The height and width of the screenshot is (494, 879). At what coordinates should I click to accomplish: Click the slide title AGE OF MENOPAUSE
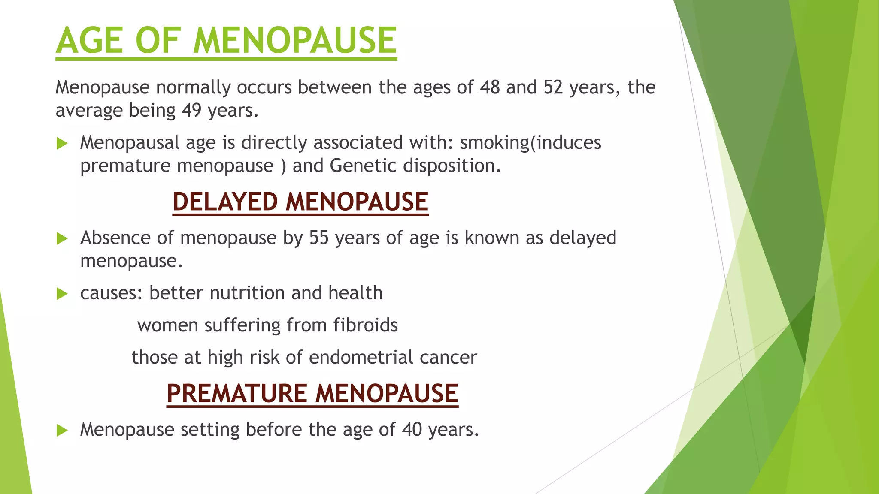[226, 41]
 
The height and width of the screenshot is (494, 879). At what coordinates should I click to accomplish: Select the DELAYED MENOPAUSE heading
[300, 202]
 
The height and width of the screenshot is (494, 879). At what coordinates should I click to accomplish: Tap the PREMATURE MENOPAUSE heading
[312, 393]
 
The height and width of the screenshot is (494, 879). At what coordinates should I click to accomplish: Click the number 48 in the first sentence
[490, 87]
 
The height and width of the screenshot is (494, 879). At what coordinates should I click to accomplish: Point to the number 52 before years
[553, 87]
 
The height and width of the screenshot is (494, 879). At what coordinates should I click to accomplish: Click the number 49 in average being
[191, 111]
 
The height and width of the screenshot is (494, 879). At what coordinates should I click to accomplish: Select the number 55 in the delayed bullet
[319, 238]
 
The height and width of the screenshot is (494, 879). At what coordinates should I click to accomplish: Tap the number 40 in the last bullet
[412, 430]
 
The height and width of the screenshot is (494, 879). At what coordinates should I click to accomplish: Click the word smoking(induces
[530, 143]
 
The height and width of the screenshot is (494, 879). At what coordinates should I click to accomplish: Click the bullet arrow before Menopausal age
[62, 143]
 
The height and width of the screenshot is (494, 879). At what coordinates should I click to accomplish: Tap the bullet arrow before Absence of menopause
[62, 238]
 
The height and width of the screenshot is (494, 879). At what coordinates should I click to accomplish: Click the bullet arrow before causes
[62, 294]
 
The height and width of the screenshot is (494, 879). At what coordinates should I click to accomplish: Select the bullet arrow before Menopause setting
[62, 430]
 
